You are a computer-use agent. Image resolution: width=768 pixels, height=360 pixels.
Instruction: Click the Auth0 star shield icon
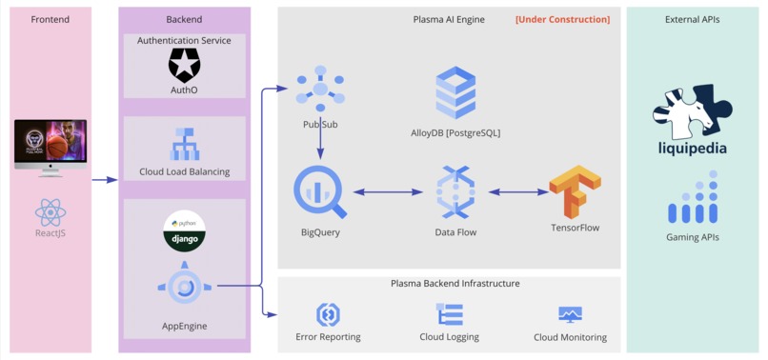coord(184,65)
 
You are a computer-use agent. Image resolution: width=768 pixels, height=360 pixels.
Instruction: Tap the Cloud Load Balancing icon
coord(184,144)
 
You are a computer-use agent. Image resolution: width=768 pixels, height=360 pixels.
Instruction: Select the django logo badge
coord(184,232)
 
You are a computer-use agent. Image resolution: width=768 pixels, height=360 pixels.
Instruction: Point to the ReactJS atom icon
coord(50,211)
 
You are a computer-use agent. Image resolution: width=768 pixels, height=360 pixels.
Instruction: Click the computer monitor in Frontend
coord(51,148)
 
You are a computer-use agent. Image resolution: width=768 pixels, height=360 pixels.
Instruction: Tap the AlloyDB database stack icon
coord(455,93)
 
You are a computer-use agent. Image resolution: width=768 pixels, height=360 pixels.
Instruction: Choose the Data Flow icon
coord(455,192)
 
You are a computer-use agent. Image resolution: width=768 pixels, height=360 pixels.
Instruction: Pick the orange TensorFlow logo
coord(575,192)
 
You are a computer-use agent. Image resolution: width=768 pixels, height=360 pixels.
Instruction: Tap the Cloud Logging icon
coord(449,313)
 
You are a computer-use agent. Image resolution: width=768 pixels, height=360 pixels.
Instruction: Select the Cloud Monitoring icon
coord(570,313)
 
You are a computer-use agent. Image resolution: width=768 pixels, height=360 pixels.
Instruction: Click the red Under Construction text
coord(562,19)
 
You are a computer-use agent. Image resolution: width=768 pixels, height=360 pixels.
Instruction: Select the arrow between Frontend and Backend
coord(105,178)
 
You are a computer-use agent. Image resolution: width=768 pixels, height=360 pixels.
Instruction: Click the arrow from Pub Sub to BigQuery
coord(319,138)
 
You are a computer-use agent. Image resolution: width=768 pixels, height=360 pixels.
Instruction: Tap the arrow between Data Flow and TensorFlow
coord(518,192)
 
